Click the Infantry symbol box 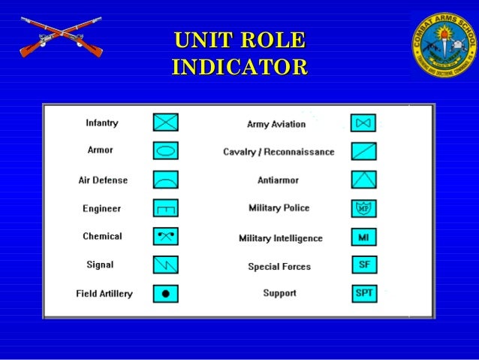click(166, 123)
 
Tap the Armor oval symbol click(166, 151)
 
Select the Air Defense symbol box click(166, 180)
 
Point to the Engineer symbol click(166, 208)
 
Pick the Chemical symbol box click(166, 237)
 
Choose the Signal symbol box click(166, 265)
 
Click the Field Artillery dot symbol click(166, 293)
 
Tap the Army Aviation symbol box click(363, 123)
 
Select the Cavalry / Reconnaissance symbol click(363, 151)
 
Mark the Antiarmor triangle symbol click(363, 180)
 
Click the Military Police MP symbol click(363, 208)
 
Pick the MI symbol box click(363, 237)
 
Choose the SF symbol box click(363, 265)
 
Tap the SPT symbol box click(363, 293)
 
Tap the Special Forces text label click(279, 267)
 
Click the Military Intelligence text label click(280, 238)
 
